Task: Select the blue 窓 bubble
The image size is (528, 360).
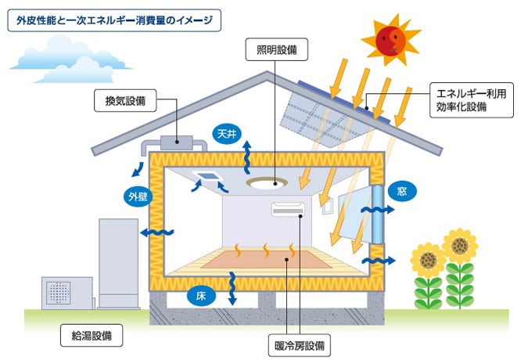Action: point(401,191)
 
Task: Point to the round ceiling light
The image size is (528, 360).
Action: point(265,183)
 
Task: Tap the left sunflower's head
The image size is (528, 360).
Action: point(427,256)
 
